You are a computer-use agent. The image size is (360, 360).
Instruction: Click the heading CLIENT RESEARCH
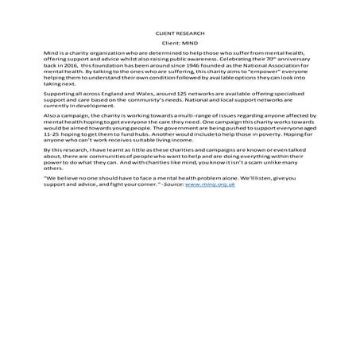point(180,33)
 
